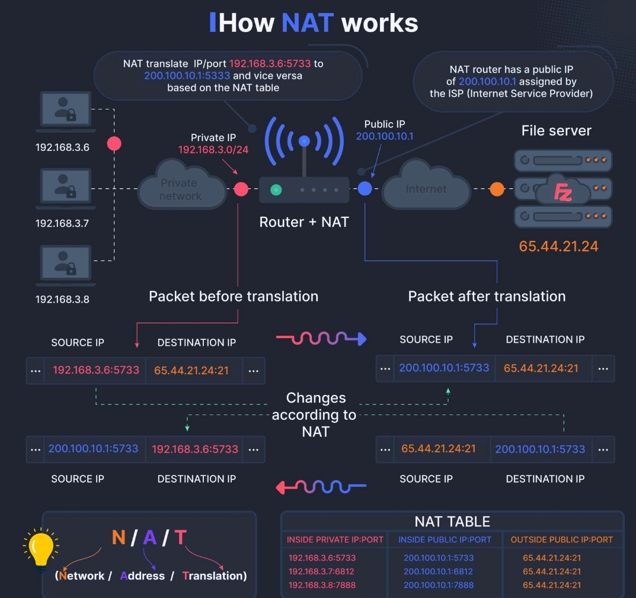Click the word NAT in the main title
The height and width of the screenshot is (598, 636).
tap(308, 22)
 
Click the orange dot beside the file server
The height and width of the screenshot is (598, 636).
tap(497, 189)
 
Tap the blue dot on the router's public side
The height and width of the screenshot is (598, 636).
tap(365, 188)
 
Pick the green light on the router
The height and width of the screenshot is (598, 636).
tap(276, 189)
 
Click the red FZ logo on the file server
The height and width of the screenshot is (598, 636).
tap(563, 192)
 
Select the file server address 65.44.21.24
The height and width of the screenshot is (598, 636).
tap(558, 246)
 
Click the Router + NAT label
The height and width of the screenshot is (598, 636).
tap(304, 222)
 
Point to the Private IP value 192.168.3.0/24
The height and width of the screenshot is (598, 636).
tap(213, 149)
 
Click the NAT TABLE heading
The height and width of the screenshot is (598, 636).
tap(452, 522)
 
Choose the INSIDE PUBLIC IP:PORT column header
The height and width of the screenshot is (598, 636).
tap(445, 539)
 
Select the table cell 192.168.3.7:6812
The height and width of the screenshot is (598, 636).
tap(321, 571)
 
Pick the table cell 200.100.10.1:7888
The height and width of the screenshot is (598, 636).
tap(439, 585)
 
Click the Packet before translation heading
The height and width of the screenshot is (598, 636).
tap(234, 296)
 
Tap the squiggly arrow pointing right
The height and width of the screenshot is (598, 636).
tap(321, 338)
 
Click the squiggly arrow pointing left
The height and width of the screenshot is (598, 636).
tap(321, 486)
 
